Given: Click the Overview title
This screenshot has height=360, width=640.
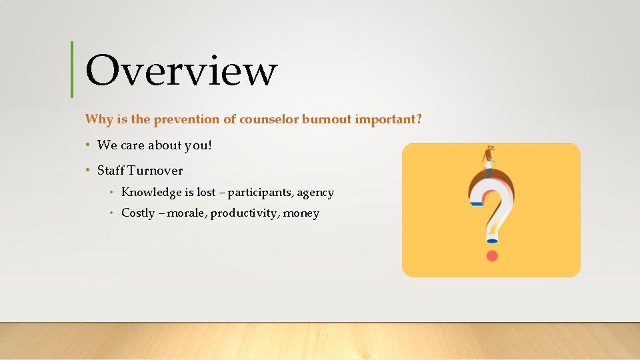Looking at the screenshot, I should tap(181, 71).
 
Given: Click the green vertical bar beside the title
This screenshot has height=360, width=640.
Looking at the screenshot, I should tap(72, 69).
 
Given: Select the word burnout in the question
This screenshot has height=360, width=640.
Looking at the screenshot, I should tap(327, 120).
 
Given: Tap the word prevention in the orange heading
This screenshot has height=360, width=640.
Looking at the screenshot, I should tap(183, 120).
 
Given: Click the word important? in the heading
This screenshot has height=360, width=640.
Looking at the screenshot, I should tap(389, 120).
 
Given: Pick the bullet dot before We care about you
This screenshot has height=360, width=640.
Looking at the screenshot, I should tap(88, 145).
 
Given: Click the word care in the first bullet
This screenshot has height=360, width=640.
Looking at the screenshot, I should tap(132, 145).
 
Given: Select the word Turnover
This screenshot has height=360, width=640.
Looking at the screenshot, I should tap(155, 171).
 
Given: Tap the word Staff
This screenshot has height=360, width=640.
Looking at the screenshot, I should tap(111, 171).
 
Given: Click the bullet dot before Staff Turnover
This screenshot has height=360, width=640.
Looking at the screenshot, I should tap(88, 170).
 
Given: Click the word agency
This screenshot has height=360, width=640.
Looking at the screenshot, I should tap(315, 193).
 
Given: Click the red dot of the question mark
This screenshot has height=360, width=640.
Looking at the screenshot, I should tap(492, 256).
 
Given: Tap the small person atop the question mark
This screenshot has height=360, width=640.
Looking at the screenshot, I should tap(490, 160).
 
